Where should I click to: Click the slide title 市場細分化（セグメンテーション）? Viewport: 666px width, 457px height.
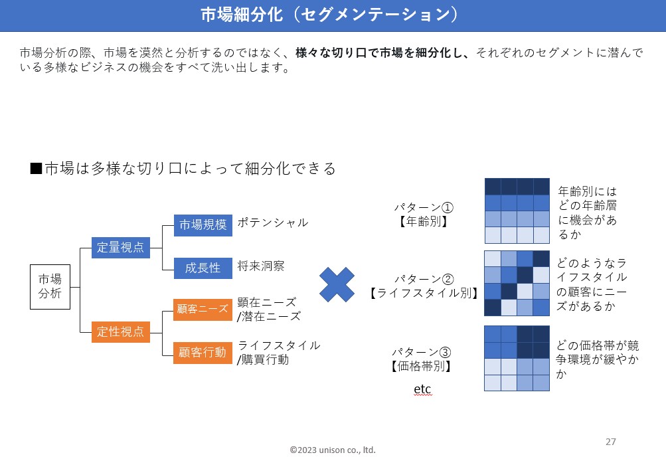tap(333, 15)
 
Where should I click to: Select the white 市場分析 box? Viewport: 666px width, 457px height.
tap(50, 286)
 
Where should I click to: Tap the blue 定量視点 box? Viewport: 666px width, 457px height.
tap(120, 247)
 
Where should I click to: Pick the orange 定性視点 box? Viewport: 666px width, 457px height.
tap(120, 331)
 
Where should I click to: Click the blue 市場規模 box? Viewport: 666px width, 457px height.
tap(203, 225)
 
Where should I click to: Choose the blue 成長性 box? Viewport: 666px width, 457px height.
tap(203, 268)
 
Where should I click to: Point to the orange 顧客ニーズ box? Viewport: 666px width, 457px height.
tap(203, 309)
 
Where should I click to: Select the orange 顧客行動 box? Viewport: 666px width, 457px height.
tap(203, 352)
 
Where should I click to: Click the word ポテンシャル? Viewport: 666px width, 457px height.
tap(273, 223)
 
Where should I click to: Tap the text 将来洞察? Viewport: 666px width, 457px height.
tap(261, 266)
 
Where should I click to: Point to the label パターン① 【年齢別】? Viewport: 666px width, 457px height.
tap(423, 215)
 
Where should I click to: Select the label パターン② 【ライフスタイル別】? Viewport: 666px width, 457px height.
tap(424, 286)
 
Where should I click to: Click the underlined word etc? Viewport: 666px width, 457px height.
tap(422, 389)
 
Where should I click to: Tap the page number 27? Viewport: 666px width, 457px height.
tap(611, 442)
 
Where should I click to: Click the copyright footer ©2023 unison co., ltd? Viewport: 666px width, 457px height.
tap(333, 450)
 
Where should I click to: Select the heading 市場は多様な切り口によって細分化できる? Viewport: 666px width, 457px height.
tap(183, 169)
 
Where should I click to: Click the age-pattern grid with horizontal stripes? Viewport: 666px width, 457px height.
tap(517, 211)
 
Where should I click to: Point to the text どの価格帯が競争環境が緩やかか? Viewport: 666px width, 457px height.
tap(598, 360)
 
